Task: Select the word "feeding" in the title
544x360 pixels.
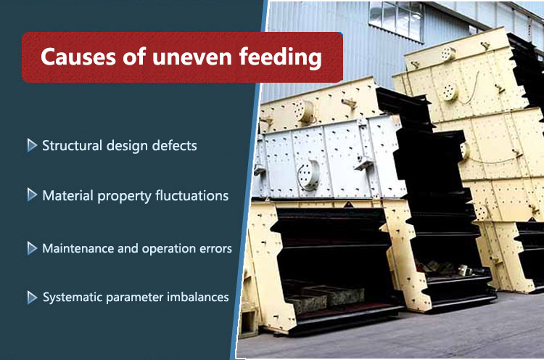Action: pyautogui.click(x=273, y=58)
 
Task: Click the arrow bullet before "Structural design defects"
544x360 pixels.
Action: pyautogui.click(x=32, y=145)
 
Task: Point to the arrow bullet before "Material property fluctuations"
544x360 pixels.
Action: pyautogui.click(x=32, y=195)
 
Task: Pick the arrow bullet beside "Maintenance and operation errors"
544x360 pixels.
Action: pyautogui.click(x=32, y=248)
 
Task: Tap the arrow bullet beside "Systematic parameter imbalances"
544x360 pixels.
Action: pyautogui.click(x=32, y=297)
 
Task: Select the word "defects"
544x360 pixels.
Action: pyautogui.click(x=174, y=145)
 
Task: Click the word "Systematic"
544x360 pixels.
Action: pyautogui.click(x=75, y=298)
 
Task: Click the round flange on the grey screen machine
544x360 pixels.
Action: pyautogui.click(x=308, y=173)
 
